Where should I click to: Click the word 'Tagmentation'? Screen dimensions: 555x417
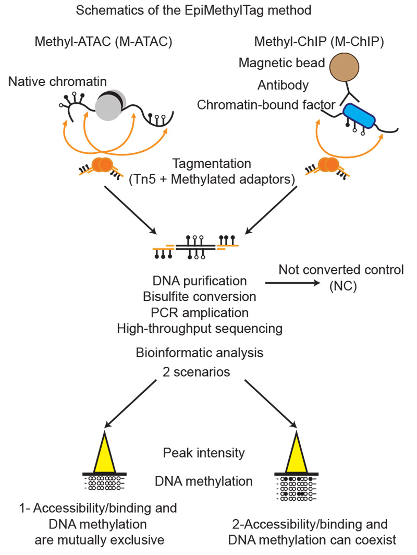click(205, 163)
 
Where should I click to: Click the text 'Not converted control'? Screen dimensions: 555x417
click(341, 270)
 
